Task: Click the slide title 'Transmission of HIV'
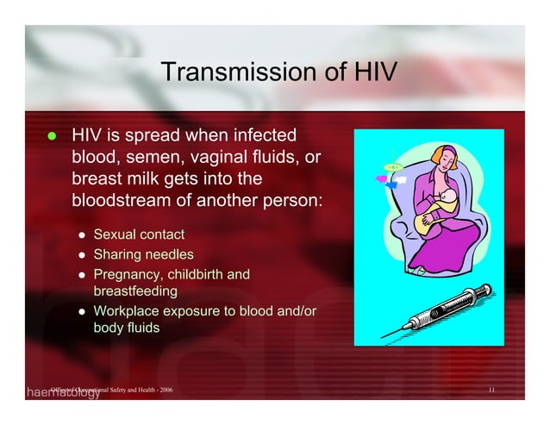[278, 72]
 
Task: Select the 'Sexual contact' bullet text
[138, 234]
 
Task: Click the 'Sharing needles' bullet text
[143, 254]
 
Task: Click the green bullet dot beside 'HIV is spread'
[51, 136]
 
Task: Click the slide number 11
[491, 391]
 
